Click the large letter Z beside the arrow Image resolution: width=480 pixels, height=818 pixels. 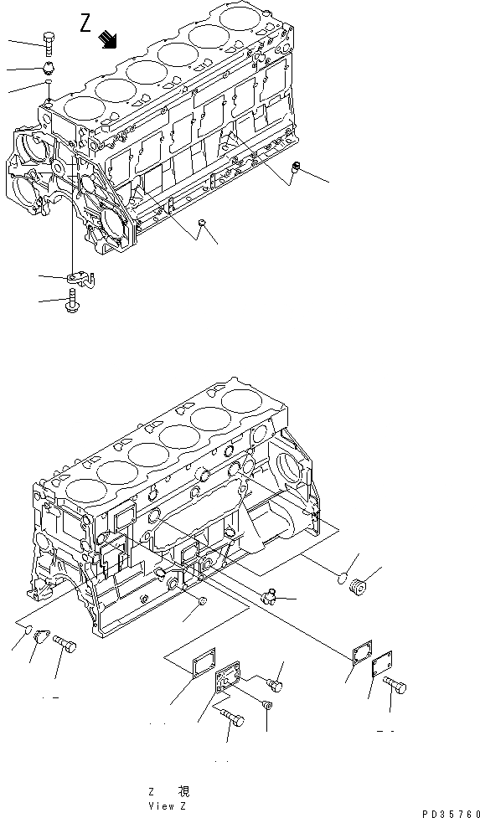86,23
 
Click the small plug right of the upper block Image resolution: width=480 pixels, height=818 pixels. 295,168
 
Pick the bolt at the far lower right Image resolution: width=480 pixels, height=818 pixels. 396,687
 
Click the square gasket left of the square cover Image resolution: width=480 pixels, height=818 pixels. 361,656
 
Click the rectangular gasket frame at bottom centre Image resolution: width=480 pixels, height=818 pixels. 201,665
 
